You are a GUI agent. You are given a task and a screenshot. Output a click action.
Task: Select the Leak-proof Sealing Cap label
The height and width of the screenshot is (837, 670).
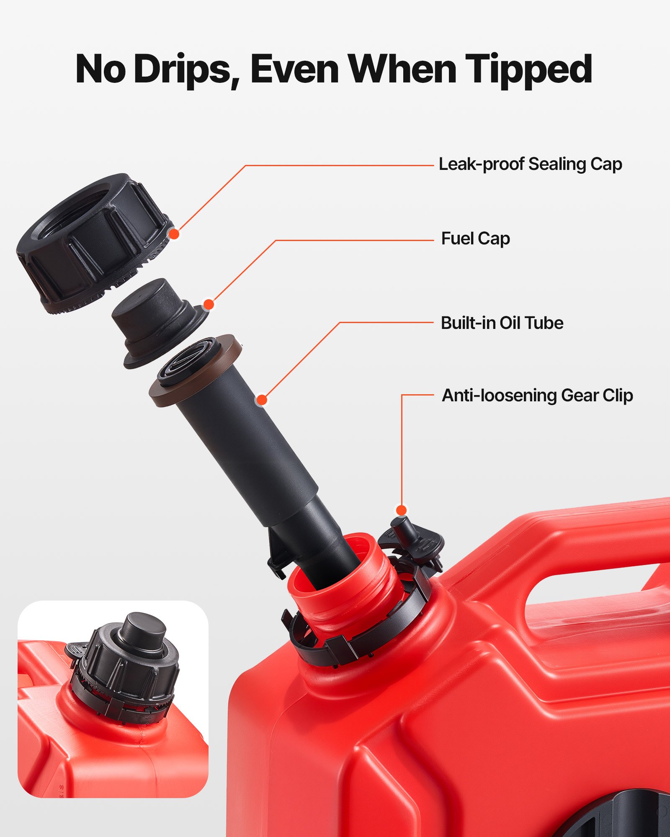(x=530, y=164)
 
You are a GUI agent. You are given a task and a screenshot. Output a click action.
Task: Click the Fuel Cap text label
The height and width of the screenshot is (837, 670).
(x=475, y=239)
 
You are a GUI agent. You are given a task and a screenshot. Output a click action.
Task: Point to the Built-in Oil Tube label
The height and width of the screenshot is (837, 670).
(x=502, y=323)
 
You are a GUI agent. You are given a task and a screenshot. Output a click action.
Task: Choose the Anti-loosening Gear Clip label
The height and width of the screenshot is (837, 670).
(x=537, y=395)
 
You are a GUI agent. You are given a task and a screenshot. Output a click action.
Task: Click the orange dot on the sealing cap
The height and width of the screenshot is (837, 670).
(x=174, y=234)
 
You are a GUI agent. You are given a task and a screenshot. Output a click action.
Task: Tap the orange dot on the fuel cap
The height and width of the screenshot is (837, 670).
(x=209, y=304)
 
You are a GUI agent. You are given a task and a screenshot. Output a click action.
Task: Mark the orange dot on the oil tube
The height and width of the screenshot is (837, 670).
(x=262, y=400)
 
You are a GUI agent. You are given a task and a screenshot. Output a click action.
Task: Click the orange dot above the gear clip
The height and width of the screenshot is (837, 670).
(x=401, y=510)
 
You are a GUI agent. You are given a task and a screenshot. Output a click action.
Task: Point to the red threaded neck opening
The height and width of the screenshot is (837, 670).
(x=343, y=586)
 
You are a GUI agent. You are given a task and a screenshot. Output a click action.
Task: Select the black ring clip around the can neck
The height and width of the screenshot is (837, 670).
(x=356, y=640)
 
